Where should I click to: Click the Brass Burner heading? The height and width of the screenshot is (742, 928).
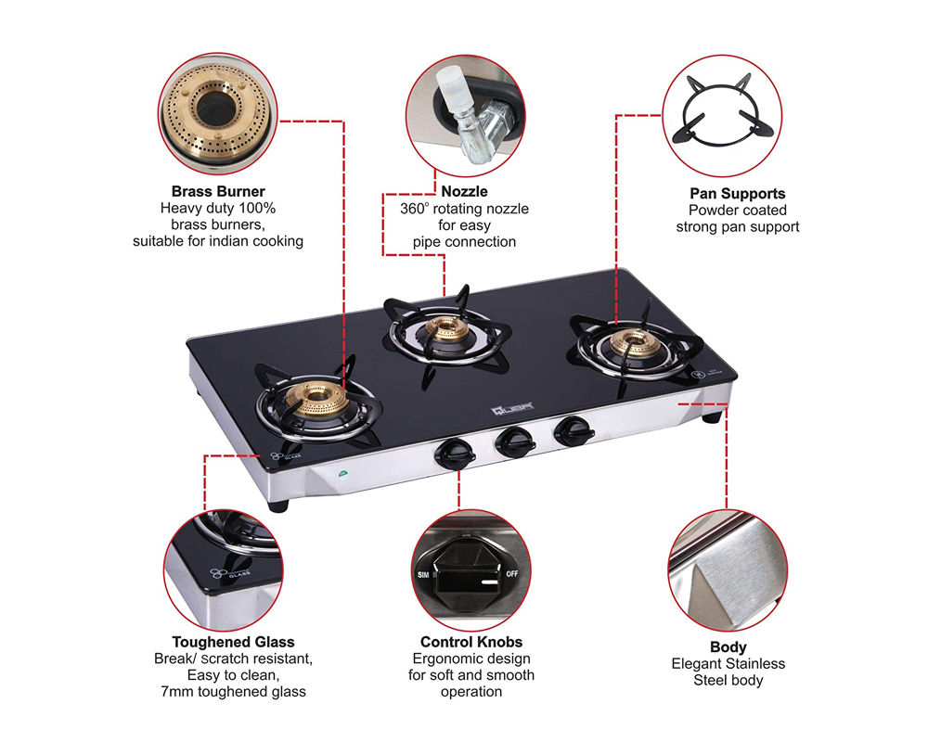click(x=218, y=192)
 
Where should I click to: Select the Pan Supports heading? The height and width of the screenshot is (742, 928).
click(x=738, y=194)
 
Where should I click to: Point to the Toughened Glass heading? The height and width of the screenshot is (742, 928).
click(x=233, y=642)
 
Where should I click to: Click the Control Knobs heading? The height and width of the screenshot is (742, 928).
click(x=471, y=642)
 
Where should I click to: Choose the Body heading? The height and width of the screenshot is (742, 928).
click(x=728, y=647)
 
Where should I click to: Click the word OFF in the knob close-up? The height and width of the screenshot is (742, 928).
click(x=511, y=575)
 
